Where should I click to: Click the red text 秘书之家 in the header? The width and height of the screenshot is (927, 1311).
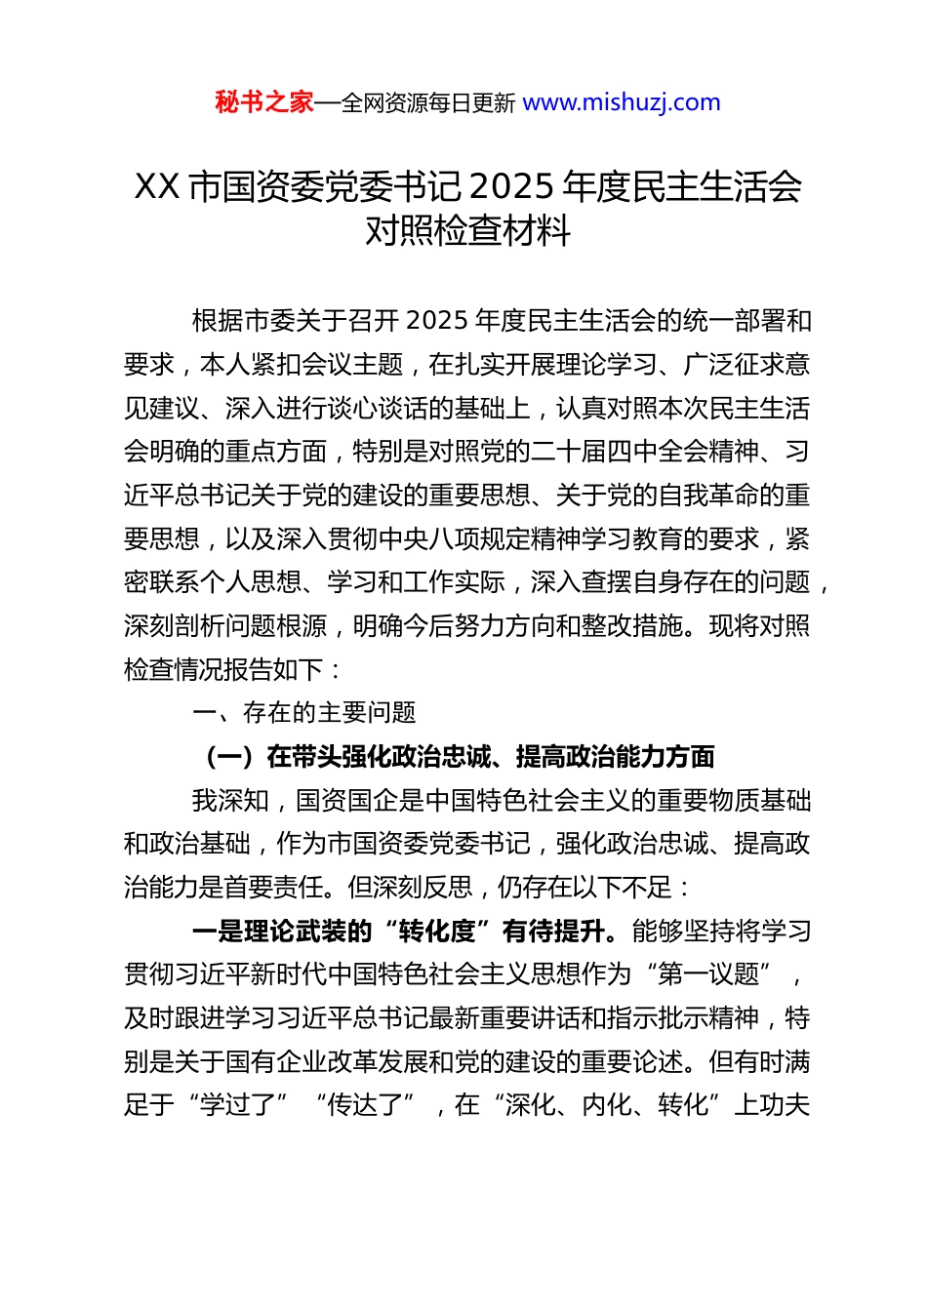[264, 102]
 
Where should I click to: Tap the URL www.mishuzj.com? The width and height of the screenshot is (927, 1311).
[622, 102]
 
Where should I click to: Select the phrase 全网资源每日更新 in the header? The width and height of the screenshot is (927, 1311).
[428, 103]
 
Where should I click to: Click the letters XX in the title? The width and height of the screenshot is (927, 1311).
[156, 185]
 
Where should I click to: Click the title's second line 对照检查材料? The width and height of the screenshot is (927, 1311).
[468, 230]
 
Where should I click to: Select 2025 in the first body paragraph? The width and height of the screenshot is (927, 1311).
[436, 321]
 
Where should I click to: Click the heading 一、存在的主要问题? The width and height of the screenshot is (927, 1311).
[304, 713]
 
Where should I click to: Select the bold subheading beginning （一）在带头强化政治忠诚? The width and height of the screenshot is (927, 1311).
[459, 757]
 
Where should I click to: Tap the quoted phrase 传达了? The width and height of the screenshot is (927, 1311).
[364, 1105]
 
